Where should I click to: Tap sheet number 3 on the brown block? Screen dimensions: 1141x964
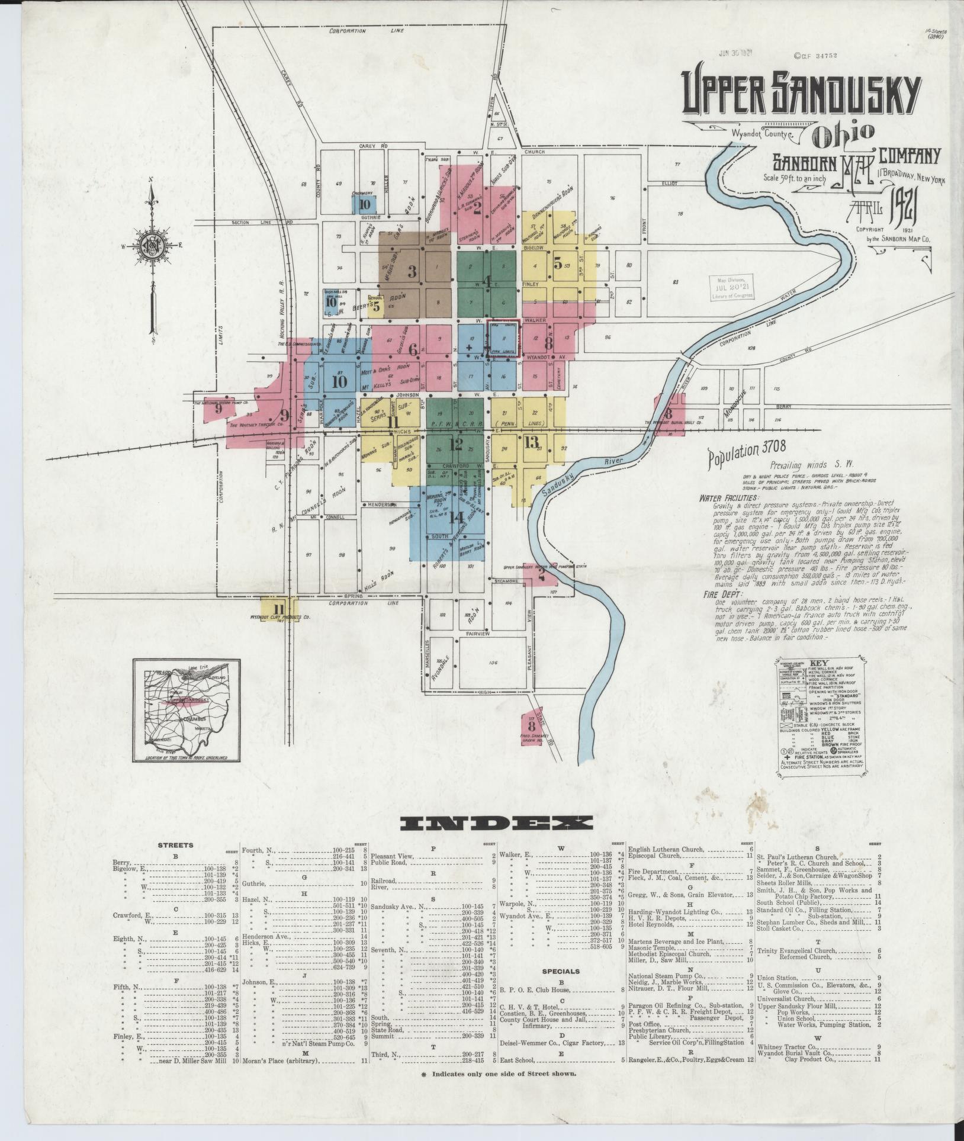412,272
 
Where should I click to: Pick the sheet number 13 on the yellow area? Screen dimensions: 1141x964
531,441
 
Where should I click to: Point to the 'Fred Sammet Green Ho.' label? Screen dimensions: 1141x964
532,740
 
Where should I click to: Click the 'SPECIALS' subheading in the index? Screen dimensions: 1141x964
560,971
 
